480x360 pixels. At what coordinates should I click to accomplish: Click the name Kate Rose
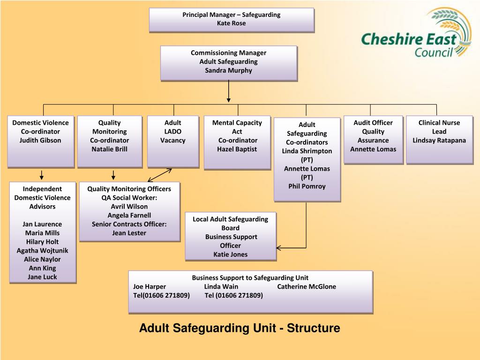click(231, 23)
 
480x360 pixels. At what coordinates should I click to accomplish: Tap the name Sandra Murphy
click(228, 70)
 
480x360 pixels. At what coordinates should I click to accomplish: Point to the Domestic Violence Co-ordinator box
click(40, 141)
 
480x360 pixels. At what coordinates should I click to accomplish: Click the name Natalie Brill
click(109, 149)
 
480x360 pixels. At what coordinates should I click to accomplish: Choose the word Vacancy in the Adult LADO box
click(172, 140)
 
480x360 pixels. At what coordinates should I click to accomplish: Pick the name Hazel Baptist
click(237, 149)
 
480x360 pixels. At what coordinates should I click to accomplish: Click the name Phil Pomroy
click(307, 186)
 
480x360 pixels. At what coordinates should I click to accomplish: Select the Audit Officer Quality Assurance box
click(373, 139)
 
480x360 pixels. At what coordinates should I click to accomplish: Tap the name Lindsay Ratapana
click(439, 140)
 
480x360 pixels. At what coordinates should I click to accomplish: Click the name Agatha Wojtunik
click(42, 250)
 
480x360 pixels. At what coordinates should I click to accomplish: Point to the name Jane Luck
click(42, 277)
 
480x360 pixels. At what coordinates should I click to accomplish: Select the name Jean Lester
click(129, 233)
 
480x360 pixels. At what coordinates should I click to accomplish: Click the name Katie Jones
click(230, 255)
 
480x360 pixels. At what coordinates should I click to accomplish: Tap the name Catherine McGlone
click(307, 286)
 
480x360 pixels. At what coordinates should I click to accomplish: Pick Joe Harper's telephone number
click(161, 295)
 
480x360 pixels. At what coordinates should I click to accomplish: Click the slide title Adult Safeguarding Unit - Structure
click(240, 328)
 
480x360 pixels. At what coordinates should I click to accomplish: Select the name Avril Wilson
click(129, 206)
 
